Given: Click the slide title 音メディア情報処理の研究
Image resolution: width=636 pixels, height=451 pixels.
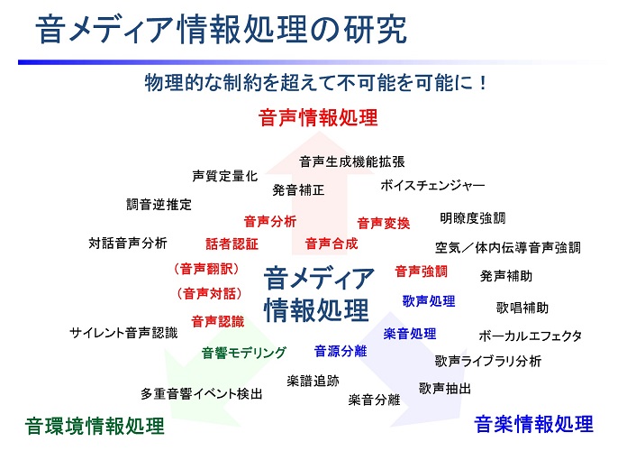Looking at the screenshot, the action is click(221, 29).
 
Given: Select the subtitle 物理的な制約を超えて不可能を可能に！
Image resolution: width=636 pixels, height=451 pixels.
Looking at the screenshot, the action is click(315, 82).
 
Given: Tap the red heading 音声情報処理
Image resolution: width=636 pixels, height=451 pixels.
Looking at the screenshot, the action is click(318, 118).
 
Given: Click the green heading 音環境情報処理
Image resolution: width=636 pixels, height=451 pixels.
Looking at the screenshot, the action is click(95, 426).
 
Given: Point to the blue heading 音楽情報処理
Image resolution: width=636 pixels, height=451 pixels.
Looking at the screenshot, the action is click(534, 424).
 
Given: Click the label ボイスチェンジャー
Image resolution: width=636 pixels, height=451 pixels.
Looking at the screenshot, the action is click(432, 185).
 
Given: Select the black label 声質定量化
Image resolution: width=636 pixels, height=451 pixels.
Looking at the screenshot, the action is click(225, 176).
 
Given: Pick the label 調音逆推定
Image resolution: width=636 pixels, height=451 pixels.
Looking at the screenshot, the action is click(159, 204).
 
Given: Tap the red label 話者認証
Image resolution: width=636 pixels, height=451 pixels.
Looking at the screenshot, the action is click(232, 244).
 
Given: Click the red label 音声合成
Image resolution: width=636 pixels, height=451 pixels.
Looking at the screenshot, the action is click(332, 244).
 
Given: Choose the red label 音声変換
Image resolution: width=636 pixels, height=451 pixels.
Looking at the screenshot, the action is click(383, 223).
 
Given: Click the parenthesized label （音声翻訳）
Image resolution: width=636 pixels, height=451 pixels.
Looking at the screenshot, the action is click(207, 269).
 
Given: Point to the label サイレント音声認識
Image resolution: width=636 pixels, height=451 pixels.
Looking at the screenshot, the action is click(123, 333).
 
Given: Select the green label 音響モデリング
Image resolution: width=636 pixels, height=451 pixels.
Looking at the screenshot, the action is click(244, 353).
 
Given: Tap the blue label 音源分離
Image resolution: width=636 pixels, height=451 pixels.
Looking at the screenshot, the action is click(341, 351).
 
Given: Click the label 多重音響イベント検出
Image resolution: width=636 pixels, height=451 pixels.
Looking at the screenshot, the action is click(202, 393).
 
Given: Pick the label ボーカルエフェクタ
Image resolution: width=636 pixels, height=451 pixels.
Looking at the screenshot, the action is click(530, 336).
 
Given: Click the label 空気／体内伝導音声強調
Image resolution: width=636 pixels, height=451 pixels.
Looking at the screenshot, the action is click(508, 247).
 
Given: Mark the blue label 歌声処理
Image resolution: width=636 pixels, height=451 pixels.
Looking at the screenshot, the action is click(429, 300).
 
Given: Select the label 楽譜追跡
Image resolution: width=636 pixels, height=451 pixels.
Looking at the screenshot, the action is click(313, 381).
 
